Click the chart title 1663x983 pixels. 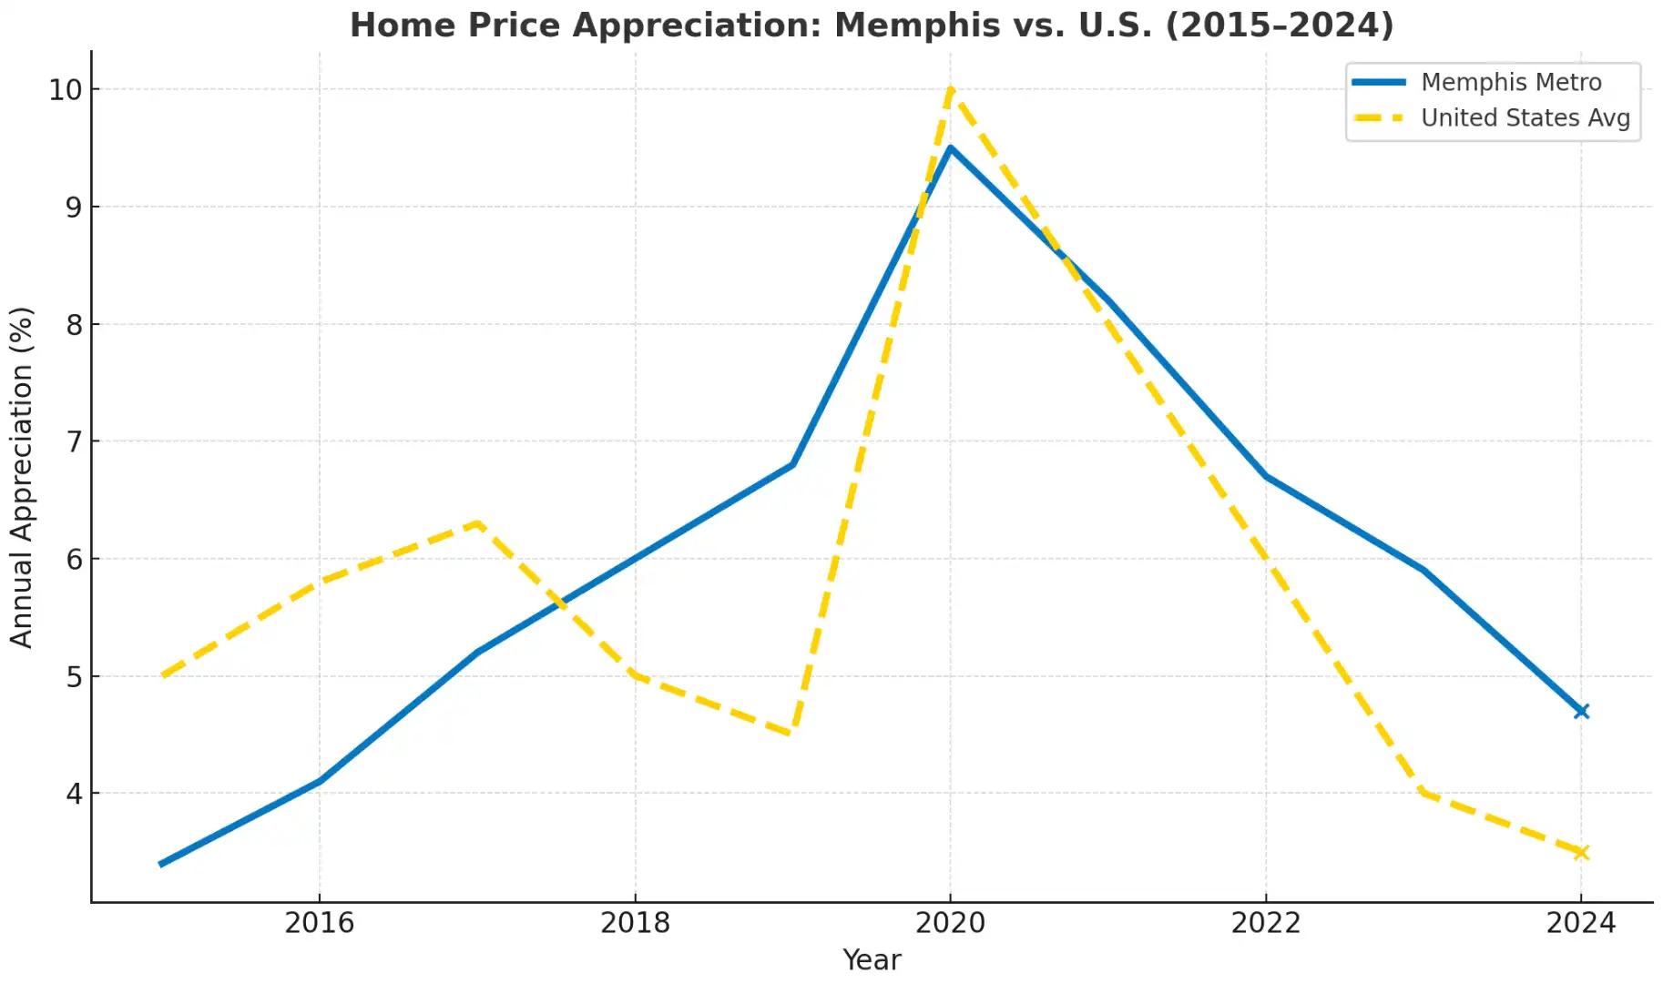tap(872, 25)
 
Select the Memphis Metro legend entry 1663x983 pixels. tap(1510, 82)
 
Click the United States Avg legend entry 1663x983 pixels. tap(1525, 118)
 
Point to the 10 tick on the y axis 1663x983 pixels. tap(65, 89)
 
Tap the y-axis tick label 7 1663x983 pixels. tap(74, 441)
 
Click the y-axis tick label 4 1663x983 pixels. tap(74, 794)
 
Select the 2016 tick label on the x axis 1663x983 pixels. tap(319, 923)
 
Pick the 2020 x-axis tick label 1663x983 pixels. tap(950, 923)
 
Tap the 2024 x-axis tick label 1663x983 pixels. tap(1581, 923)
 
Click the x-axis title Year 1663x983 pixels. tap(872, 960)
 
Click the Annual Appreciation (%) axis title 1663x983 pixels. tap(22, 477)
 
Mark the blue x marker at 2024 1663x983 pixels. tap(1581, 711)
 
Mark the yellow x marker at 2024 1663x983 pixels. tap(1581, 852)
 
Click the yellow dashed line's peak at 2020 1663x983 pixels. tap(950, 90)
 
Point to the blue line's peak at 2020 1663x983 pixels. tap(950, 148)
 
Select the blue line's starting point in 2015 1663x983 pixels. tap(161, 864)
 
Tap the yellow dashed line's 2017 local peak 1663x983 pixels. tap(477, 523)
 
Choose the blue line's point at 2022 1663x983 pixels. tap(1266, 476)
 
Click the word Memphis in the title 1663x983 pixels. tap(917, 25)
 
